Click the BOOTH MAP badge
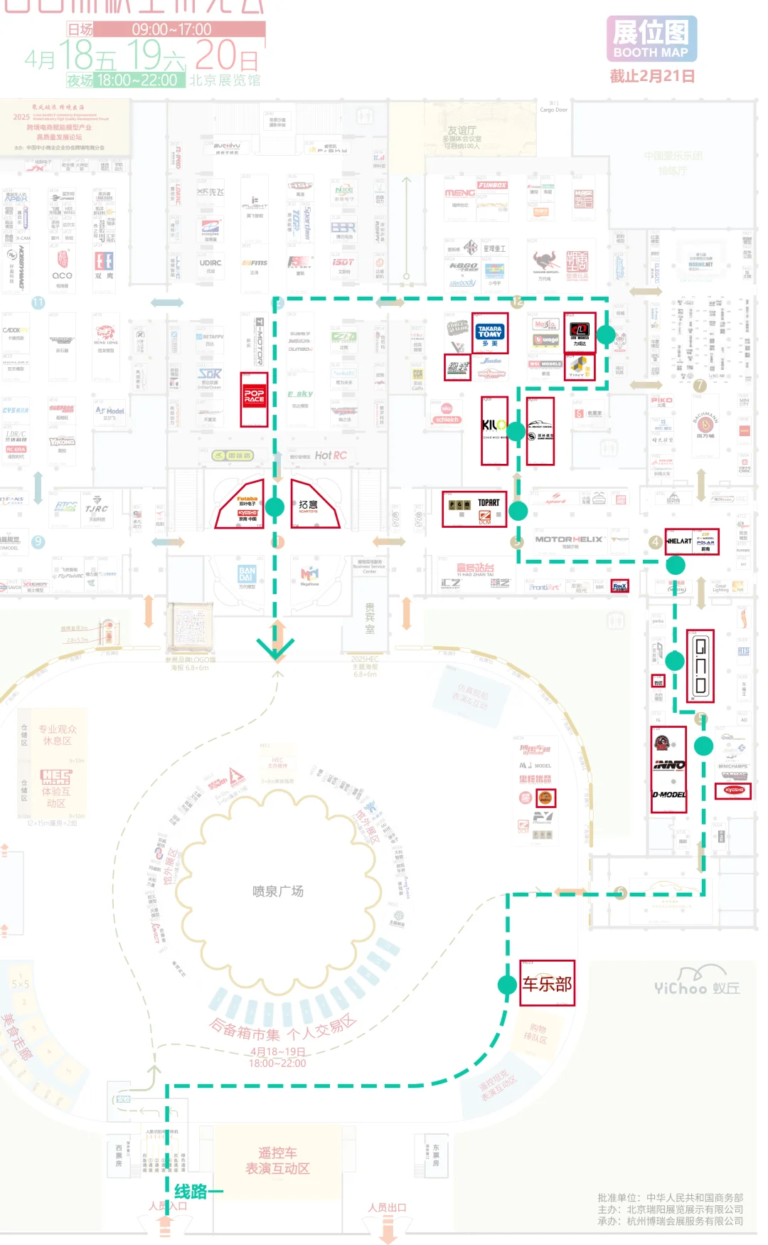651,39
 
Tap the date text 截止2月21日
652,76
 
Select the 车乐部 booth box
547,983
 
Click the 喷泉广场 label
277,891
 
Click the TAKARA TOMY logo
490,332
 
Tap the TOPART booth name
489,502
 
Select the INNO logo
669,765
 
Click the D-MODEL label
669,795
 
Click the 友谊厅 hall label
462,131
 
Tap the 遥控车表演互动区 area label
277,1160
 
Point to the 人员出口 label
387,1207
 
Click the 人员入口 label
168,1206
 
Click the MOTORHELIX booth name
569,539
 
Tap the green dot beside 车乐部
507,985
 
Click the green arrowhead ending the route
275,648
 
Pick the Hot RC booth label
331,455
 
